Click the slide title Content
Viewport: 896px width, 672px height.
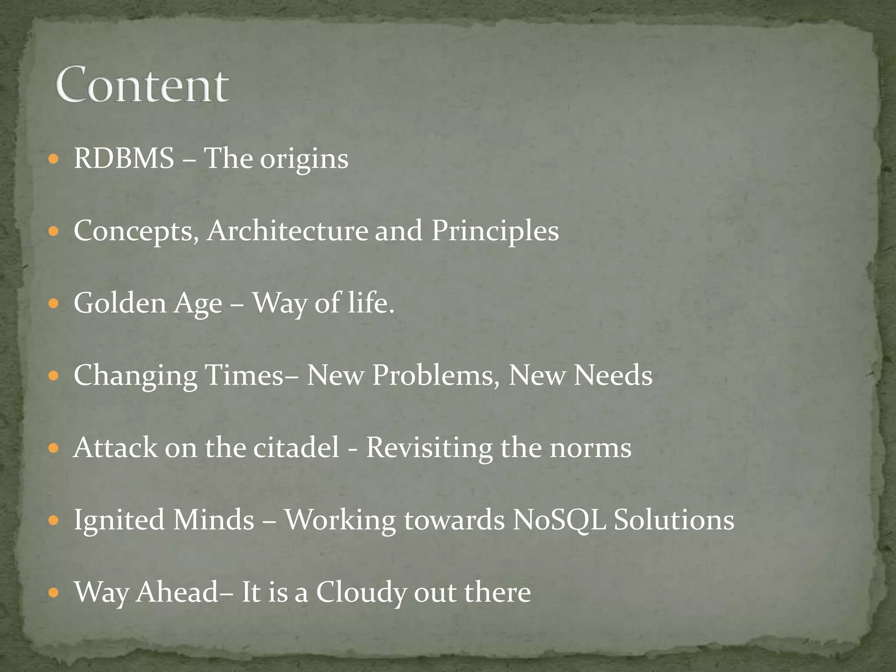(142, 85)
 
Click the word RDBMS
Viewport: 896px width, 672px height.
(124, 158)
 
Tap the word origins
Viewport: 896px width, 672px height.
(304, 160)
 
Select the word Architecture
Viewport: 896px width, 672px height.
(287, 231)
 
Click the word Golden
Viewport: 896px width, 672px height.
(120, 303)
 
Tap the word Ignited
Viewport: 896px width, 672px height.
(119, 521)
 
